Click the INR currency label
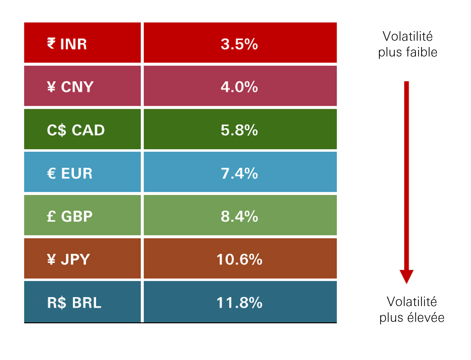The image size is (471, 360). point(73,44)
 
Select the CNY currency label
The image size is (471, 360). point(77,87)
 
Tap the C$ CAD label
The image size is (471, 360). point(76,130)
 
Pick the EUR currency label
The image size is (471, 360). point(77,173)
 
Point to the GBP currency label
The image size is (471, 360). point(77,216)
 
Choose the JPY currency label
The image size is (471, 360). point(75,259)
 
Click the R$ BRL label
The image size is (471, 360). point(74,303)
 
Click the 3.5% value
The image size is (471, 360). point(239,44)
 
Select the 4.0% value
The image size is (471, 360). point(239,87)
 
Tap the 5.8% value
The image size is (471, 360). point(239,130)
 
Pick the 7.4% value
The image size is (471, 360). point(239,173)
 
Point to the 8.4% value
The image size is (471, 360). point(239,216)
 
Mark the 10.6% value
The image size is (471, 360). point(239,259)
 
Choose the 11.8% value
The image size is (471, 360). point(239,303)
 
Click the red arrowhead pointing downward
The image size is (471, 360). point(406,276)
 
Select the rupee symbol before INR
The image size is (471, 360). point(51,43)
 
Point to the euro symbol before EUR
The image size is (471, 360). point(51,173)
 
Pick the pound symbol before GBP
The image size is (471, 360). point(51,216)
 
